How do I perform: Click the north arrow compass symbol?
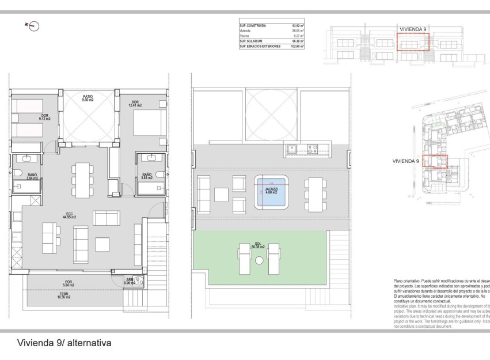(35, 25)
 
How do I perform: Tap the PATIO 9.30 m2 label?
(88, 98)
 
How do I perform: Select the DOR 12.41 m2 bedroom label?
(135, 104)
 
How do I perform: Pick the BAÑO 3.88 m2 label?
(147, 176)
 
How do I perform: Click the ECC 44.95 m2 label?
(70, 215)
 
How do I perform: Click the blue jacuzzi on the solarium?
(271, 193)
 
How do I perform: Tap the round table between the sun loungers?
(259, 261)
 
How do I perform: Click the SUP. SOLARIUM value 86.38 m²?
(298, 41)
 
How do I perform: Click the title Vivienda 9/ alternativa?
(64, 343)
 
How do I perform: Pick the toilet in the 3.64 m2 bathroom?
(18, 174)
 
